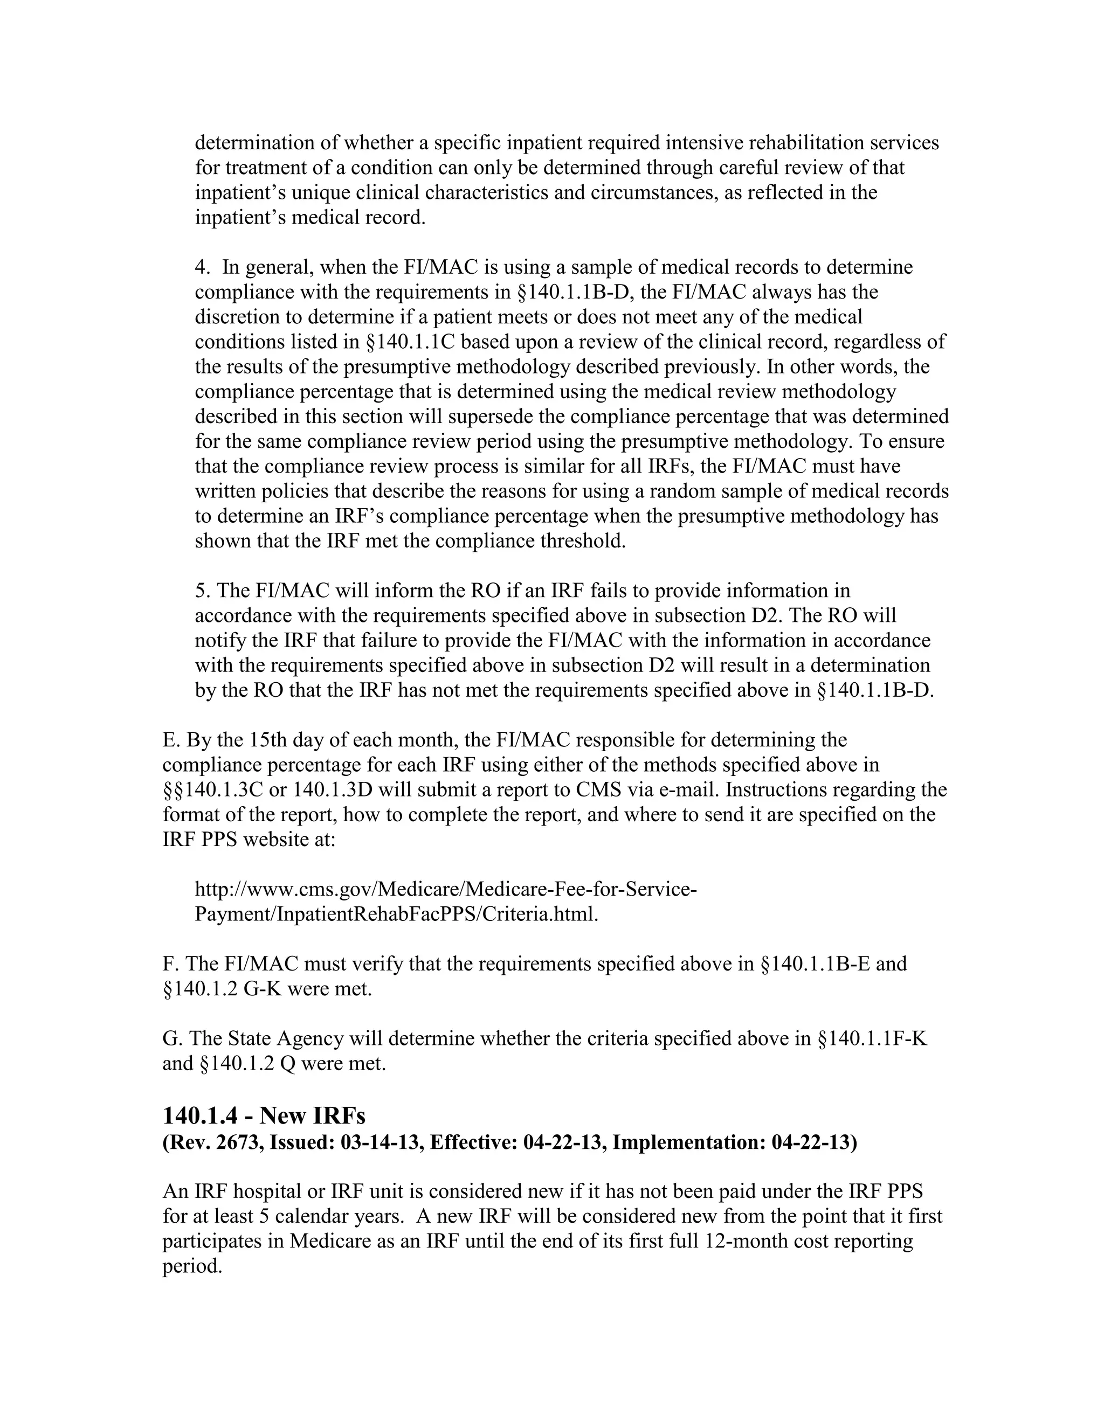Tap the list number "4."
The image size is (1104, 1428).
point(203,267)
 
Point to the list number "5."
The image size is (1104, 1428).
point(202,591)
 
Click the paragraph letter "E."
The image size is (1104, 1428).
point(171,740)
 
